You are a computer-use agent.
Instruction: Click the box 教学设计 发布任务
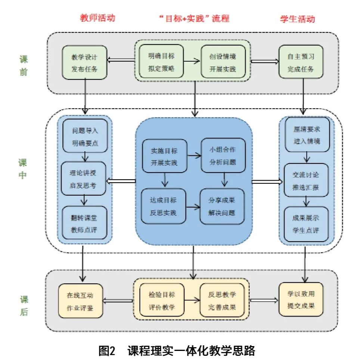coord(84,62)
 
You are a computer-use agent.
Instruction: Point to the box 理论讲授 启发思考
coord(84,178)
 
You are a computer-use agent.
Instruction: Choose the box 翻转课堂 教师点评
coord(84,223)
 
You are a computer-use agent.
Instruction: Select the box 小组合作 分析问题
coord(223,155)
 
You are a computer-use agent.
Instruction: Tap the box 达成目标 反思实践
coord(164,206)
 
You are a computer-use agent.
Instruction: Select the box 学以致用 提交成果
coord(301,300)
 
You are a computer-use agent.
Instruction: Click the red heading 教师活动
coord(97,18)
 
